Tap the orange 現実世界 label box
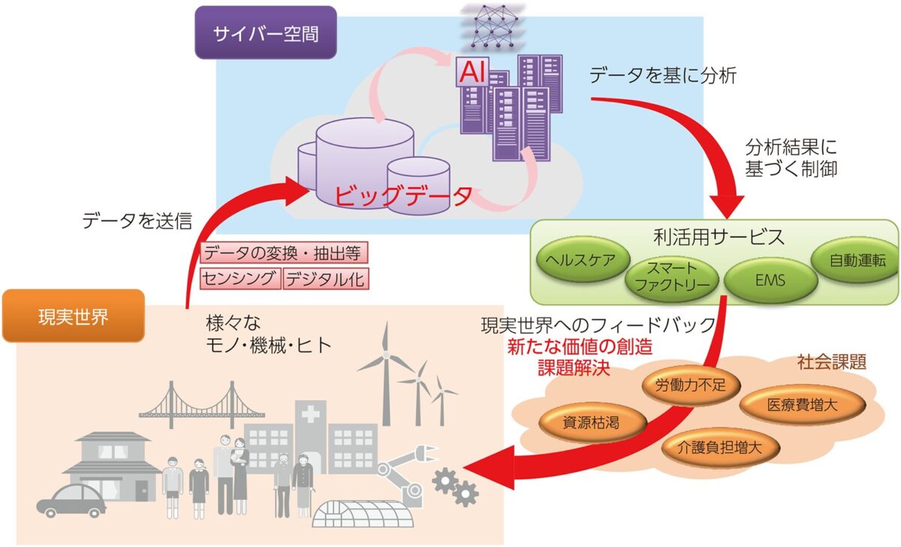(x=73, y=316)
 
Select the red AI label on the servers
(x=472, y=74)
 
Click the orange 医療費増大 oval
(x=802, y=404)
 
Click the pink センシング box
(x=241, y=279)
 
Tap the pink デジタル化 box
(x=326, y=279)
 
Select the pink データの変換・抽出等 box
(x=285, y=253)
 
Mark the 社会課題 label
(x=831, y=362)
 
